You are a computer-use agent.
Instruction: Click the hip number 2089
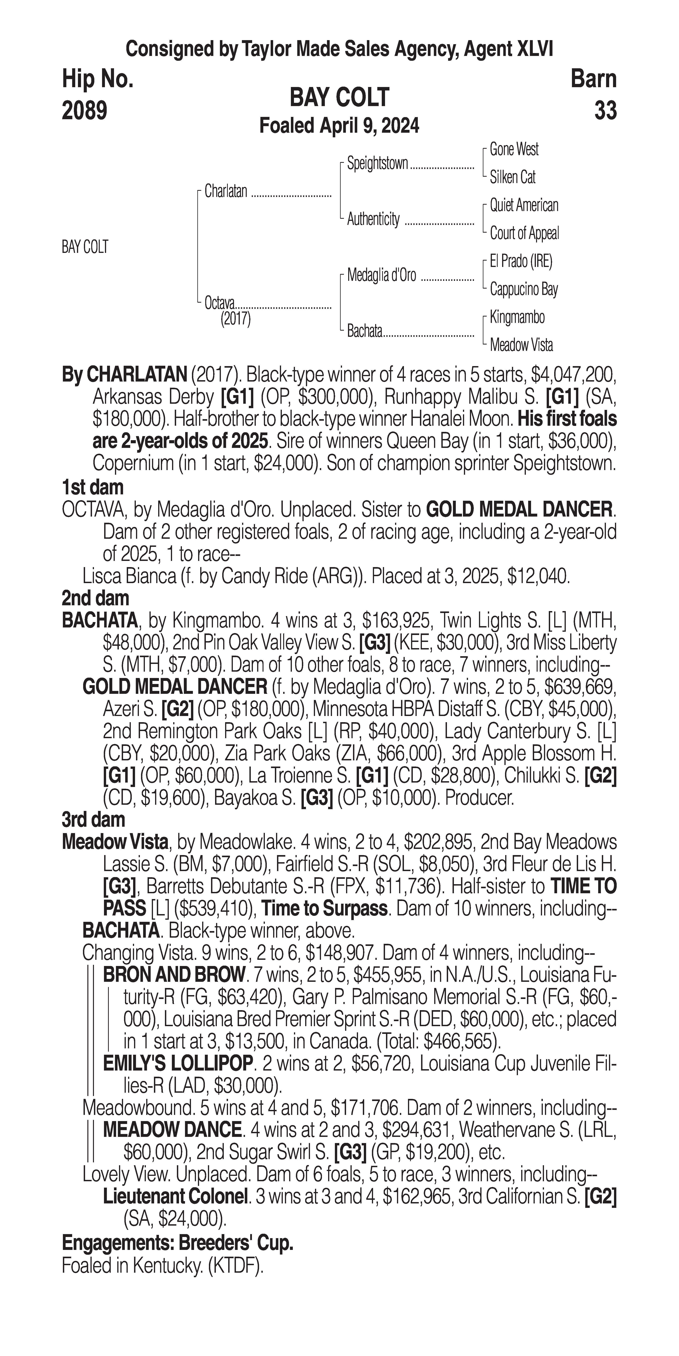[x=85, y=111]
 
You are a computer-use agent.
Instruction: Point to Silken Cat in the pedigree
[x=512, y=177]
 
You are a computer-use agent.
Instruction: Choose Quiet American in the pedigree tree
[x=524, y=205]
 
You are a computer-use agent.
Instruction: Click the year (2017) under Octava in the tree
[x=235, y=319]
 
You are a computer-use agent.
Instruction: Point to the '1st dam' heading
[x=93, y=487]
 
